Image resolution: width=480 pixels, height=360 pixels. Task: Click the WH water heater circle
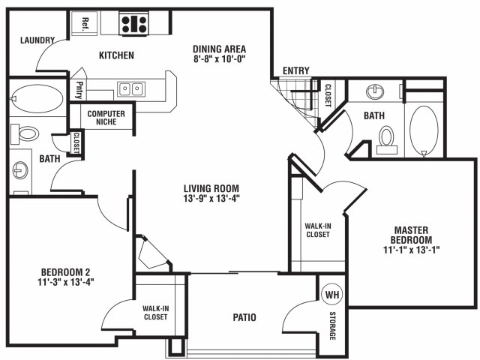[332, 295]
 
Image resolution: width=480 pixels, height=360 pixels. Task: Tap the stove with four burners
[134, 24]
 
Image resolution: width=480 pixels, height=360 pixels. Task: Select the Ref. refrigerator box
[85, 24]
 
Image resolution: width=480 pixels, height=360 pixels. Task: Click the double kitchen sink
[132, 89]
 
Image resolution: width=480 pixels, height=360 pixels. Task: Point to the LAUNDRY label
[37, 40]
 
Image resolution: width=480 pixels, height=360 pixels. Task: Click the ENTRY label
[296, 70]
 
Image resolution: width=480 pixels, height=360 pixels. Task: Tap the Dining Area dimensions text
[220, 58]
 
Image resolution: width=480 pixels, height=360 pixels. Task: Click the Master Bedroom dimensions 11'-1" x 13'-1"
[411, 250]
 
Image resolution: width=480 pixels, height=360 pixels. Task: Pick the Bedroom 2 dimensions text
[65, 282]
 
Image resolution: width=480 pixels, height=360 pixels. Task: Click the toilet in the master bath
[387, 140]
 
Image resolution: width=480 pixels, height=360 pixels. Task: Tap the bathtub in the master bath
[424, 131]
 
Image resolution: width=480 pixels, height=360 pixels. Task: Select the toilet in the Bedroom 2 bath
[25, 133]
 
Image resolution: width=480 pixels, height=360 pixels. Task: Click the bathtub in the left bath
[37, 98]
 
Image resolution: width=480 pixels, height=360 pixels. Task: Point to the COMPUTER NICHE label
[106, 118]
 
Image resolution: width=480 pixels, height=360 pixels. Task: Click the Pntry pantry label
[79, 90]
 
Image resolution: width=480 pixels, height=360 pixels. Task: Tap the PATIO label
[244, 317]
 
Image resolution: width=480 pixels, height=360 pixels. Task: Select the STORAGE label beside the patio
[332, 325]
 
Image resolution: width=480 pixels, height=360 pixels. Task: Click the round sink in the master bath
[375, 91]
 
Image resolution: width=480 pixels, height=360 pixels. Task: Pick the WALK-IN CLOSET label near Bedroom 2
[156, 313]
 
